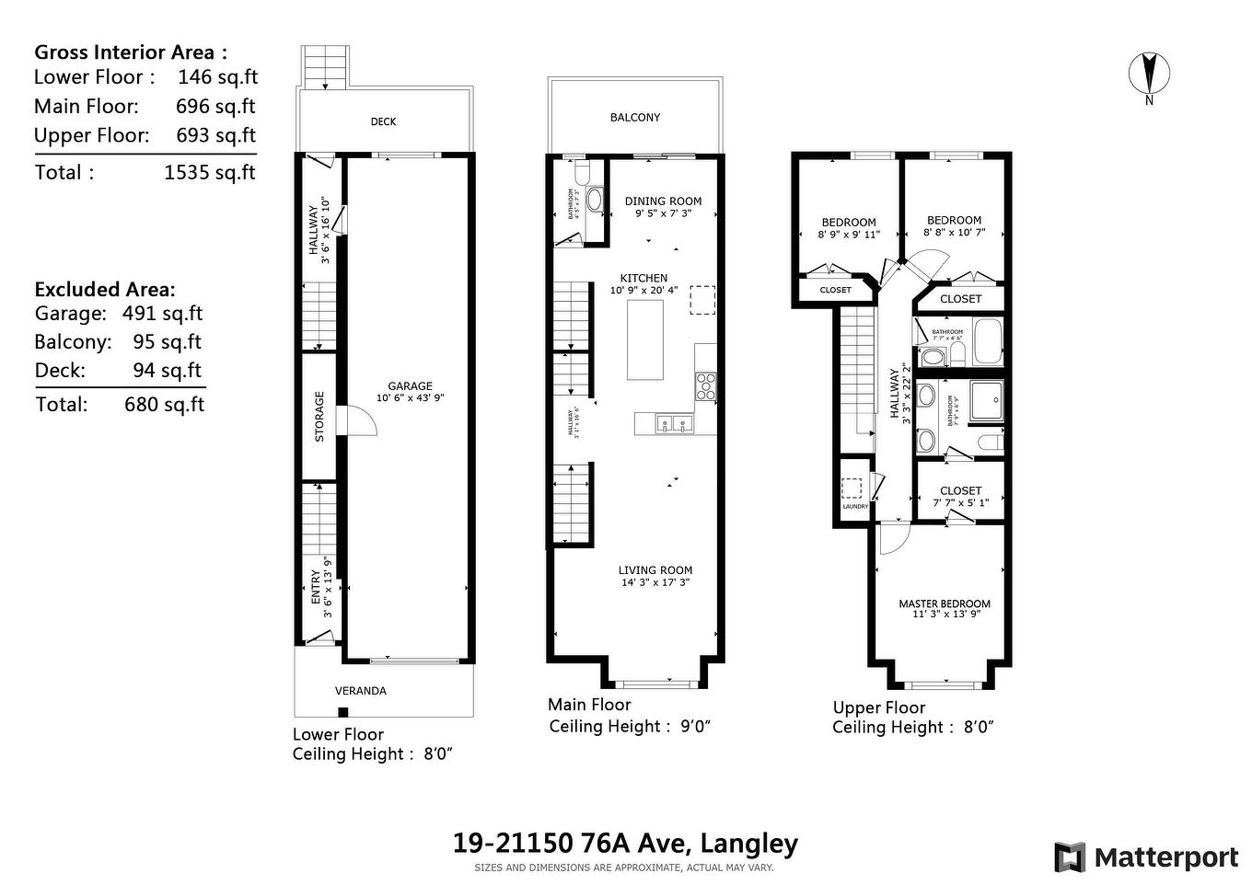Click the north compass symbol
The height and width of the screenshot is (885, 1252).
click(x=1149, y=74)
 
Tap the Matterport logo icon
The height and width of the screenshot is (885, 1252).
click(x=1069, y=857)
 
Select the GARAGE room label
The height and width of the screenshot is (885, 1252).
click(x=410, y=386)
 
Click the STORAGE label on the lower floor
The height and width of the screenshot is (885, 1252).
click(x=319, y=417)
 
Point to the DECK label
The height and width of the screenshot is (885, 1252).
click(x=383, y=121)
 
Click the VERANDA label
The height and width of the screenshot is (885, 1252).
click(x=360, y=691)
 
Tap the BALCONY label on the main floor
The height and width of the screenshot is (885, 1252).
click(x=635, y=118)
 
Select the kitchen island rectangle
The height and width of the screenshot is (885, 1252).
click(x=645, y=339)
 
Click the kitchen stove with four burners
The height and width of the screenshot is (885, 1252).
click(x=705, y=385)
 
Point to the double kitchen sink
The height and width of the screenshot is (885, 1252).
click(x=675, y=424)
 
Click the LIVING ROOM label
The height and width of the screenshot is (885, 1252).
click(x=655, y=570)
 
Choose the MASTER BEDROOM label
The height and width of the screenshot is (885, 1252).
click(x=945, y=604)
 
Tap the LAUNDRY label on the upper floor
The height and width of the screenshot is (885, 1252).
click(x=855, y=507)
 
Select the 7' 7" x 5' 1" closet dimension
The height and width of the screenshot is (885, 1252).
click(x=960, y=503)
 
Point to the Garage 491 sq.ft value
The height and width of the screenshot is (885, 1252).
click(x=162, y=314)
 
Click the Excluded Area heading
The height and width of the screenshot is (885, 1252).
click(x=104, y=290)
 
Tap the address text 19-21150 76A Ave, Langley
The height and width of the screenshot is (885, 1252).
click(x=625, y=844)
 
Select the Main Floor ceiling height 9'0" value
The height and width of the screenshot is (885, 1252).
click(x=695, y=727)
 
